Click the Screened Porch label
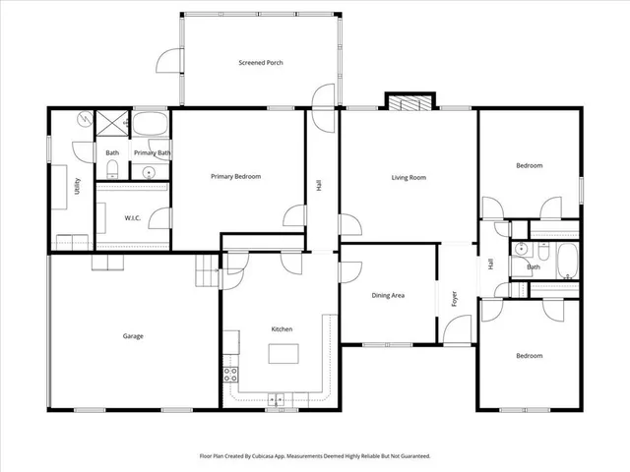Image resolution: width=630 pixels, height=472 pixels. (x=261, y=63)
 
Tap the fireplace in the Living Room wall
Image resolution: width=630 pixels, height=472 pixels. (x=409, y=101)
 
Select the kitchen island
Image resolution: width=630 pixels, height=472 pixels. (x=283, y=354)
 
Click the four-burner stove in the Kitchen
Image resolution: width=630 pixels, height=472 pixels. (x=230, y=374)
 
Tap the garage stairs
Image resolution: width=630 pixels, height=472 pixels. (x=206, y=270)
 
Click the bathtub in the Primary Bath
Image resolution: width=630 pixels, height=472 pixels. (x=152, y=126)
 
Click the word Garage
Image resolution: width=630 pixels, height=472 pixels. (x=133, y=336)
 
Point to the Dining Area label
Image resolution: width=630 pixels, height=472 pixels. (x=387, y=295)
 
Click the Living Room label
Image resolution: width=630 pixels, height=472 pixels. (x=409, y=177)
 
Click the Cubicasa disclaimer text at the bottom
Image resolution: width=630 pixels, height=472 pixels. (x=315, y=456)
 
